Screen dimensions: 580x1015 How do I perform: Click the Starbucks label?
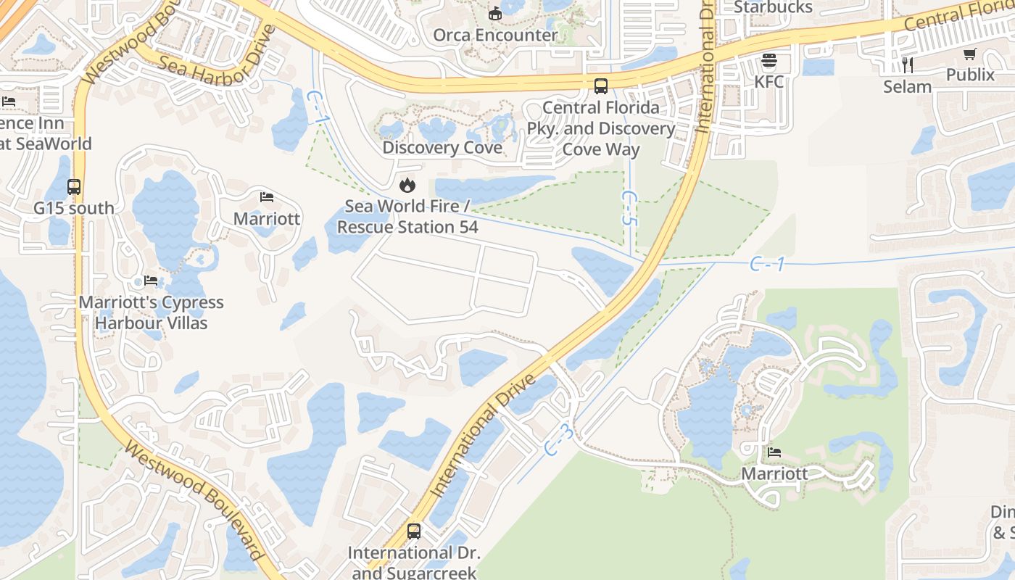pyautogui.click(x=773, y=7)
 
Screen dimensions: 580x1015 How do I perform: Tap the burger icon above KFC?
pyautogui.click(x=769, y=60)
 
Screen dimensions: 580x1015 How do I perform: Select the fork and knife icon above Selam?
pyautogui.click(x=907, y=65)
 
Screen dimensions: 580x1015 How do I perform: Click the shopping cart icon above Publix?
pyautogui.click(x=970, y=54)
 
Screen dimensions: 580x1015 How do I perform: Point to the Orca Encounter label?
pyautogui.click(x=495, y=34)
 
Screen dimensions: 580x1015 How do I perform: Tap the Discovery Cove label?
pyautogui.click(x=442, y=148)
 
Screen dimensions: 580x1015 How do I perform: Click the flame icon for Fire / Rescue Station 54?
pyautogui.click(x=407, y=185)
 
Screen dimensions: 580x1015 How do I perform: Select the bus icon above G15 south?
pyautogui.click(x=74, y=186)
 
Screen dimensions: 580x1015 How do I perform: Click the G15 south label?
pyautogui.click(x=74, y=208)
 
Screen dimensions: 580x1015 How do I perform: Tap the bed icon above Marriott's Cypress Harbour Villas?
pyautogui.click(x=151, y=281)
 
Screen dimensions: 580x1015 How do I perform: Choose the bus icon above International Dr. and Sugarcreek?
pyautogui.click(x=414, y=531)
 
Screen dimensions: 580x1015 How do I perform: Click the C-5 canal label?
pyautogui.click(x=629, y=208)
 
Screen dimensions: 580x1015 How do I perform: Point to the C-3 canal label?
pyautogui.click(x=559, y=441)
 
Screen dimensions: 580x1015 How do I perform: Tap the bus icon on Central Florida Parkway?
pyautogui.click(x=601, y=86)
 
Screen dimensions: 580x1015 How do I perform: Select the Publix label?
pyautogui.click(x=970, y=75)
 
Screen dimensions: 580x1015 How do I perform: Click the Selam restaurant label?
pyautogui.click(x=907, y=87)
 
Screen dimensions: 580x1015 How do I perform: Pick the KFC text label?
pyautogui.click(x=769, y=81)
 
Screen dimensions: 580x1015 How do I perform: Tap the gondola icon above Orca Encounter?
pyautogui.click(x=495, y=12)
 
